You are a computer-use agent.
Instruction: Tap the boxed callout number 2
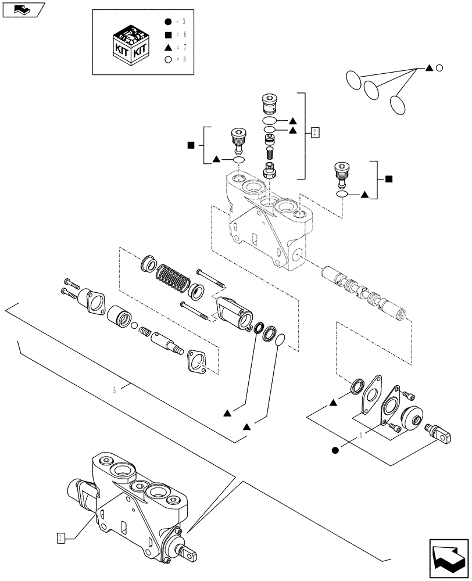(314, 133)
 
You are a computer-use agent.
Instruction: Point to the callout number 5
(115, 390)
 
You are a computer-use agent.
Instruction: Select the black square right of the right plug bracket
(389, 179)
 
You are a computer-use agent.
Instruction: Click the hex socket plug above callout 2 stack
(269, 104)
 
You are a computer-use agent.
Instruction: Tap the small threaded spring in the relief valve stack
(269, 154)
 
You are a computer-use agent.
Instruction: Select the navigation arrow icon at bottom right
(449, 558)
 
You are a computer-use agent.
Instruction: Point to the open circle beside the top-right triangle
(440, 69)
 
